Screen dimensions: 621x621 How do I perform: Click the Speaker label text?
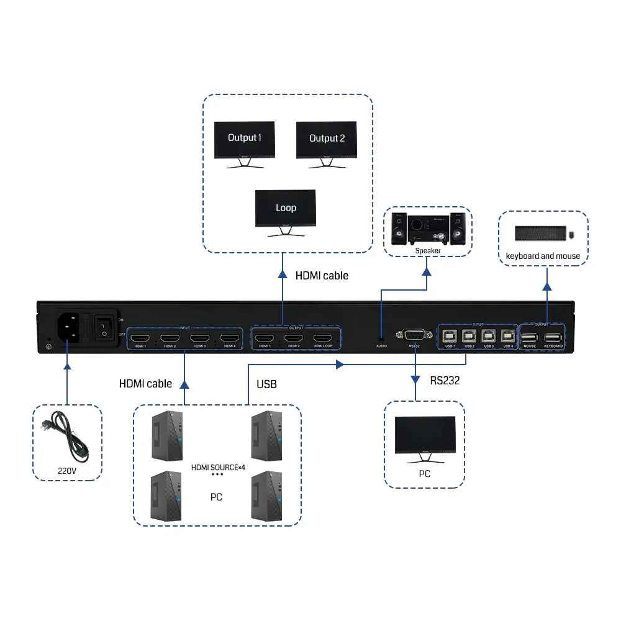428,251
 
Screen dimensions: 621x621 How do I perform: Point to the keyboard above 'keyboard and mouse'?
540,233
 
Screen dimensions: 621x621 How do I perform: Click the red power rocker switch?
103,328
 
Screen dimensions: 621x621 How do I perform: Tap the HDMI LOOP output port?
323,338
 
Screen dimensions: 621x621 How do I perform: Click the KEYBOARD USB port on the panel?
553,338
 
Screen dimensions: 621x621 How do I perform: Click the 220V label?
66,471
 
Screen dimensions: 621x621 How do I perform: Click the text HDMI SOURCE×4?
215,467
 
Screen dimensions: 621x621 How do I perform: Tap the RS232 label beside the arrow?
445,381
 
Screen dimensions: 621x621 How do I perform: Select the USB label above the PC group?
266,384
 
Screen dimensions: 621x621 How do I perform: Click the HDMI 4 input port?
229,338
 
